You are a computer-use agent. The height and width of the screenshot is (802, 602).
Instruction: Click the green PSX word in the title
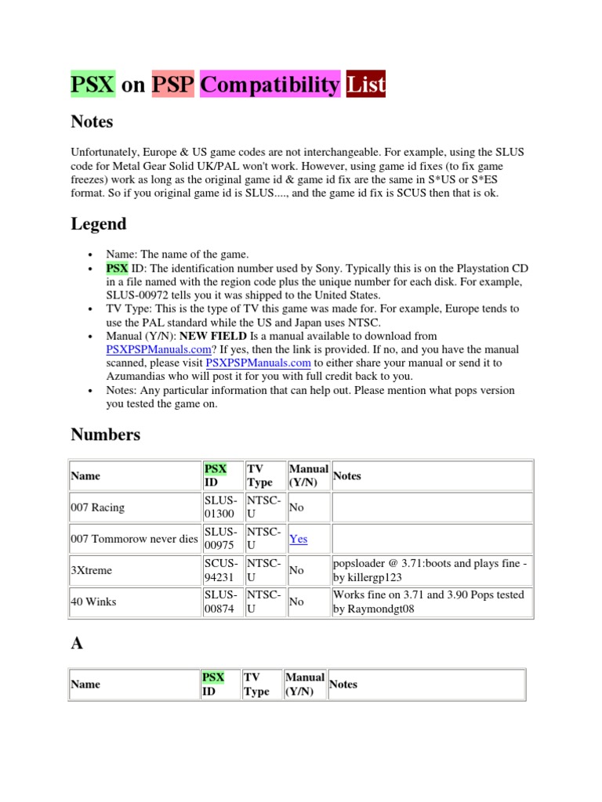pyautogui.click(x=93, y=84)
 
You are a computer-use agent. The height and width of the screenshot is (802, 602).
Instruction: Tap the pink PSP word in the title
pyautogui.click(x=173, y=84)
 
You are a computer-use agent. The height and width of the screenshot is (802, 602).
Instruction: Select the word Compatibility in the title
pyautogui.click(x=270, y=84)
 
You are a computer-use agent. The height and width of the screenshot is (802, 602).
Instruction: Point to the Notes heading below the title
pyautogui.click(x=92, y=121)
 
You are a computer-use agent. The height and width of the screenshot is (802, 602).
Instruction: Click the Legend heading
pyautogui.click(x=98, y=223)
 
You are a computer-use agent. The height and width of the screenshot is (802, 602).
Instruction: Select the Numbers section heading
pyautogui.click(x=106, y=434)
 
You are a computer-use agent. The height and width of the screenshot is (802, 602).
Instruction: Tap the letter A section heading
pyautogui.click(x=77, y=643)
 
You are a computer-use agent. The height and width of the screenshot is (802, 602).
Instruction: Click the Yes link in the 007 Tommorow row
pyautogui.click(x=299, y=539)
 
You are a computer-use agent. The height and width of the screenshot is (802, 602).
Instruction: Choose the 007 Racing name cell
pyautogui.click(x=97, y=508)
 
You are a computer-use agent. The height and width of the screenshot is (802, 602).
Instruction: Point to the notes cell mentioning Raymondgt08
pyautogui.click(x=429, y=602)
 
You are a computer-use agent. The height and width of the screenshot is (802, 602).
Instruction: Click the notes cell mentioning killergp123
pyautogui.click(x=429, y=571)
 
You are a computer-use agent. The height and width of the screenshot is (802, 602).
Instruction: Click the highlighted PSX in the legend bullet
pyautogui.click(x=118, y=268)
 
